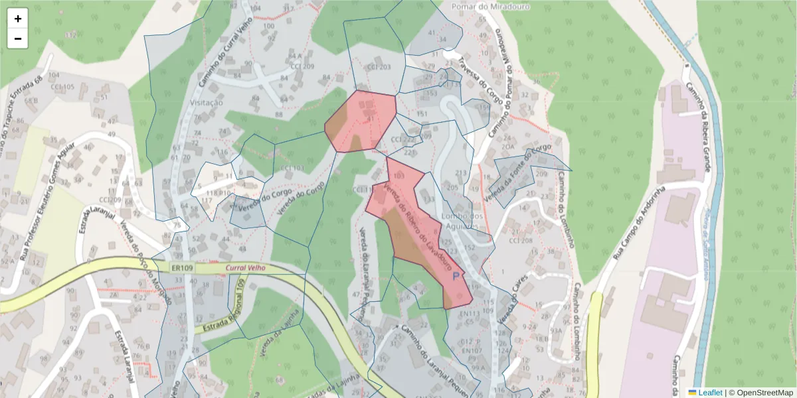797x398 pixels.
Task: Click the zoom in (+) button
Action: click(x=18, y=19)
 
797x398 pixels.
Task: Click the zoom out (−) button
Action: click(x=18, y=38)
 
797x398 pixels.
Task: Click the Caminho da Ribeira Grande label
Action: click(x=699, y=126)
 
